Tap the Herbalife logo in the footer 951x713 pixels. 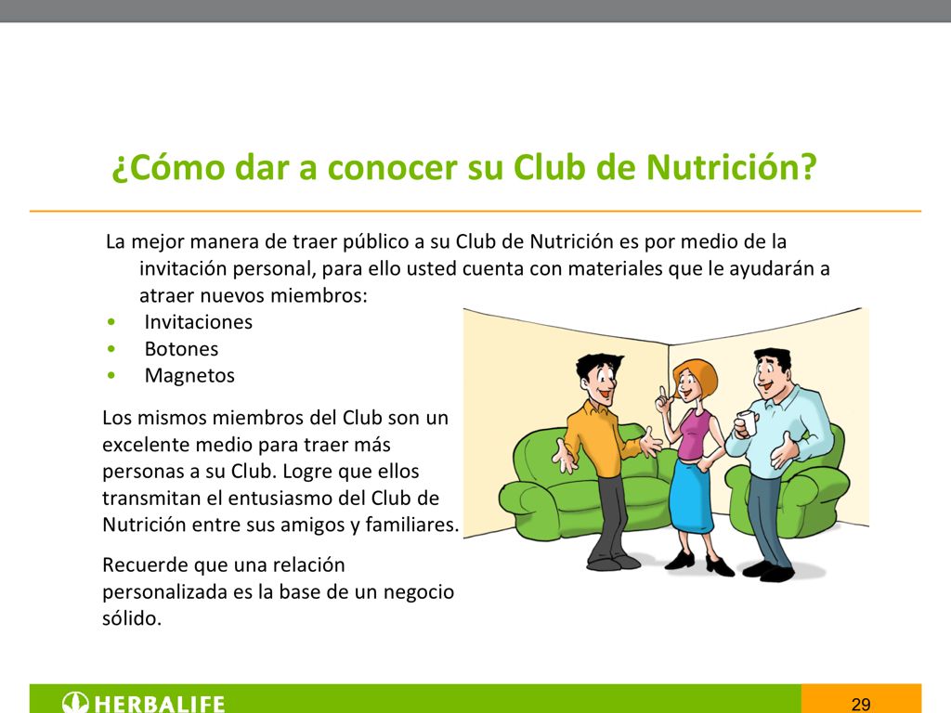(145, 703)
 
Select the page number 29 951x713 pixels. (861, 704)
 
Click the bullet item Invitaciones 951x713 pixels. (198, 322)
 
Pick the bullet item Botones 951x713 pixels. (181, 349)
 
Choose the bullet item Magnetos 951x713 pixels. (189, 376)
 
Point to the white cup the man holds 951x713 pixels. (743, 423)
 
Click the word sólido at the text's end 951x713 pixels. (131, 618)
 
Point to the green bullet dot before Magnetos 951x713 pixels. (111, 376)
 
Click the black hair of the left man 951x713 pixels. (594, 365)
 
